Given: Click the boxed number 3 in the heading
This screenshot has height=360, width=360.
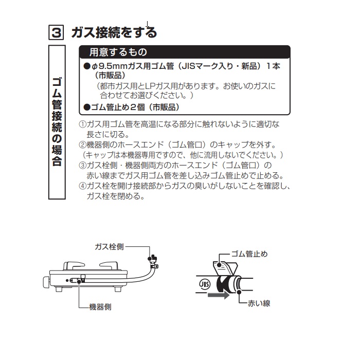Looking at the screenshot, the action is coord(56,32).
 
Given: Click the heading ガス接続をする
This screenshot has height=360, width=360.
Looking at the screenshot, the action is coord(114,32).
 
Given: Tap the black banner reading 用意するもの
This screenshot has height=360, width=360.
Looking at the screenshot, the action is coord(185,52).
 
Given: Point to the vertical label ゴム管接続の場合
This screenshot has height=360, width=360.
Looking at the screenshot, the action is coord(57,122).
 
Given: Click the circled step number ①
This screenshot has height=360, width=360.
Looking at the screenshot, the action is coord(82,124).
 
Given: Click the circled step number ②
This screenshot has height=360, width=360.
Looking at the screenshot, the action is coord(82,145).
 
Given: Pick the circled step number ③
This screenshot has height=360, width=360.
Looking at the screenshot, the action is coord(82,165).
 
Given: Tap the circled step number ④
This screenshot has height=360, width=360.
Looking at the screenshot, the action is coord(82,186).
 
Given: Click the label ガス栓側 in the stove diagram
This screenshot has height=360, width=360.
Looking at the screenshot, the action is coord(109,247).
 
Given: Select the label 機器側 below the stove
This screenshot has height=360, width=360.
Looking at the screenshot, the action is coord(100,307).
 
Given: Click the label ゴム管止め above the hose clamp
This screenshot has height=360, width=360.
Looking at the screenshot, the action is coord(249,254).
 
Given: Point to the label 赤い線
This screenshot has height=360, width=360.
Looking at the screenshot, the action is coord(259,303).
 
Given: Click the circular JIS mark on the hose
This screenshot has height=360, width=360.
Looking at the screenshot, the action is coord(204,284).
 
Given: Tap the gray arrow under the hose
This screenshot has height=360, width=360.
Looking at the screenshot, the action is coord(219,295).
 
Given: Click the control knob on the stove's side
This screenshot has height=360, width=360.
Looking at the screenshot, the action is coord(46,282).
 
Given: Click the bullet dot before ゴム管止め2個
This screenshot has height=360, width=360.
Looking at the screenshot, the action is coord(87,107).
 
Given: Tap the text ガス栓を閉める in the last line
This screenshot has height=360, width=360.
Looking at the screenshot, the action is coord(116,196).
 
